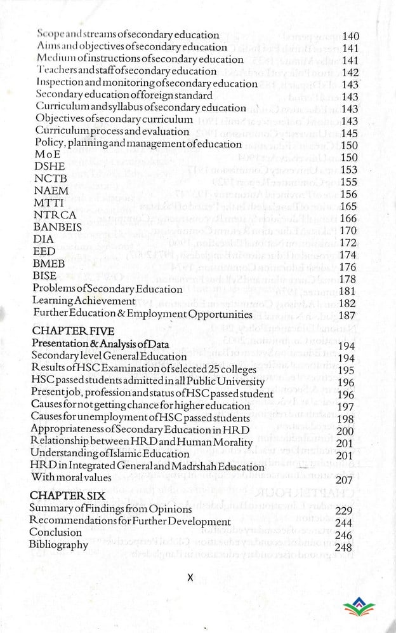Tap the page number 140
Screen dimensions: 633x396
[x=350, y=36]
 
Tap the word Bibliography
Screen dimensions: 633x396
[x=58, y=545]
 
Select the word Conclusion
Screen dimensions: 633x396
[x=55, y=533]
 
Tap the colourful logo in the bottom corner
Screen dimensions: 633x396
[x=358, y=611]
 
